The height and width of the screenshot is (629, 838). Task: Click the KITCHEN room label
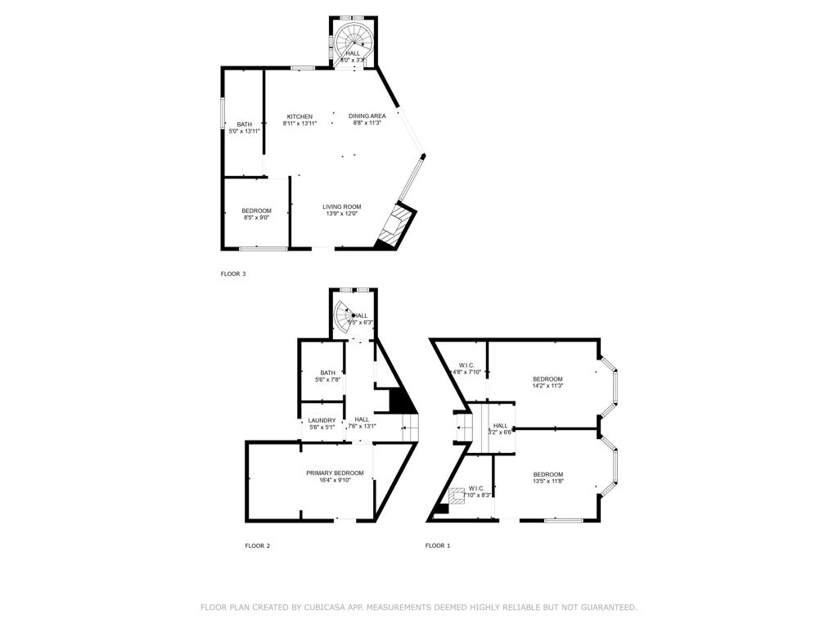299,116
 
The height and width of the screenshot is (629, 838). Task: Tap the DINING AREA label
367,116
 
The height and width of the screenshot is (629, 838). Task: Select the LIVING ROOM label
341,206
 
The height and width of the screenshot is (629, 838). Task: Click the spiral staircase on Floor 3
354,38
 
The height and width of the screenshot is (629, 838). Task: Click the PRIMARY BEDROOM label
335,473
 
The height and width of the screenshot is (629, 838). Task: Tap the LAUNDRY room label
322,420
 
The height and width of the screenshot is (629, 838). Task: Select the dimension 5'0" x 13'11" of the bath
245,131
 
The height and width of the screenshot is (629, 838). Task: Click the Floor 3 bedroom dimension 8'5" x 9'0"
256,218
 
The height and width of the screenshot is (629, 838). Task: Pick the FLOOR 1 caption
437,545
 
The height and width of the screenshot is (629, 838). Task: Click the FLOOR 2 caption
257,545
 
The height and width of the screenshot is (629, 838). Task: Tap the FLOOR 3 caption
233,274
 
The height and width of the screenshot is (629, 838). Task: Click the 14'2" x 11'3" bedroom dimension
547,386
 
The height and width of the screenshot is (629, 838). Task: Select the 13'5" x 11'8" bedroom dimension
547,482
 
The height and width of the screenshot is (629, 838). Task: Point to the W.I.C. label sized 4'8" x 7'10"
466,365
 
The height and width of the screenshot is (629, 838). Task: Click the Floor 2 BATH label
327,373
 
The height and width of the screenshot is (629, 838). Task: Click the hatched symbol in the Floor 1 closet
455,496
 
